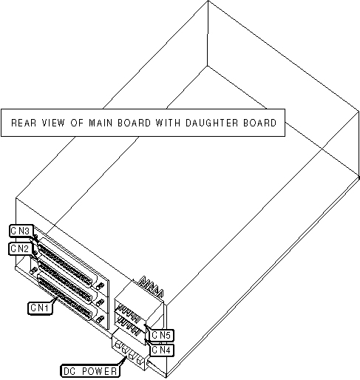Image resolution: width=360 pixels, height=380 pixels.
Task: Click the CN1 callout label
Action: tap(40, 308)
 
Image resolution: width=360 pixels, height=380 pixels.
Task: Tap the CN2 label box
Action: tap(20, 248)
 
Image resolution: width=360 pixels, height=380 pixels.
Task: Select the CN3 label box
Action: tap(21, 231)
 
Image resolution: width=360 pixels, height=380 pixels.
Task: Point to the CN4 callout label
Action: tap(162, 350)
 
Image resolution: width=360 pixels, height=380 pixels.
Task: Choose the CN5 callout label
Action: tap(162, 335)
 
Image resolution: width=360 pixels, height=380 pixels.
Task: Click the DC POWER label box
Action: tap(90, 371)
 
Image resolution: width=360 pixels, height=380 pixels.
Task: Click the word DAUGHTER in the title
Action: tap(211, 123)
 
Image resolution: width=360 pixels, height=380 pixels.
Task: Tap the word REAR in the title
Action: tap(24, 123)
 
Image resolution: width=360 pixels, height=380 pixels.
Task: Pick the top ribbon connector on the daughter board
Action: tap(64, 262)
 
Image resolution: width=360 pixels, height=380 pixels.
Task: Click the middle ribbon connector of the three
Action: tap(64, 280)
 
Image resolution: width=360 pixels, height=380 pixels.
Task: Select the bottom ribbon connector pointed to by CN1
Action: tap(64, 298)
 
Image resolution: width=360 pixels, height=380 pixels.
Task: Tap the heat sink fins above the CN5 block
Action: tap(151, 287)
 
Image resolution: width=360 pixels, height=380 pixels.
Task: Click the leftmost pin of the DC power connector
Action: tap(118, 345)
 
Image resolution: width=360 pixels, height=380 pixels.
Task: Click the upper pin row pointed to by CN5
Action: tap(129, 313)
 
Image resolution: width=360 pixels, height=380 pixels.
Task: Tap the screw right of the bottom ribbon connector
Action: tap(100, 319)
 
